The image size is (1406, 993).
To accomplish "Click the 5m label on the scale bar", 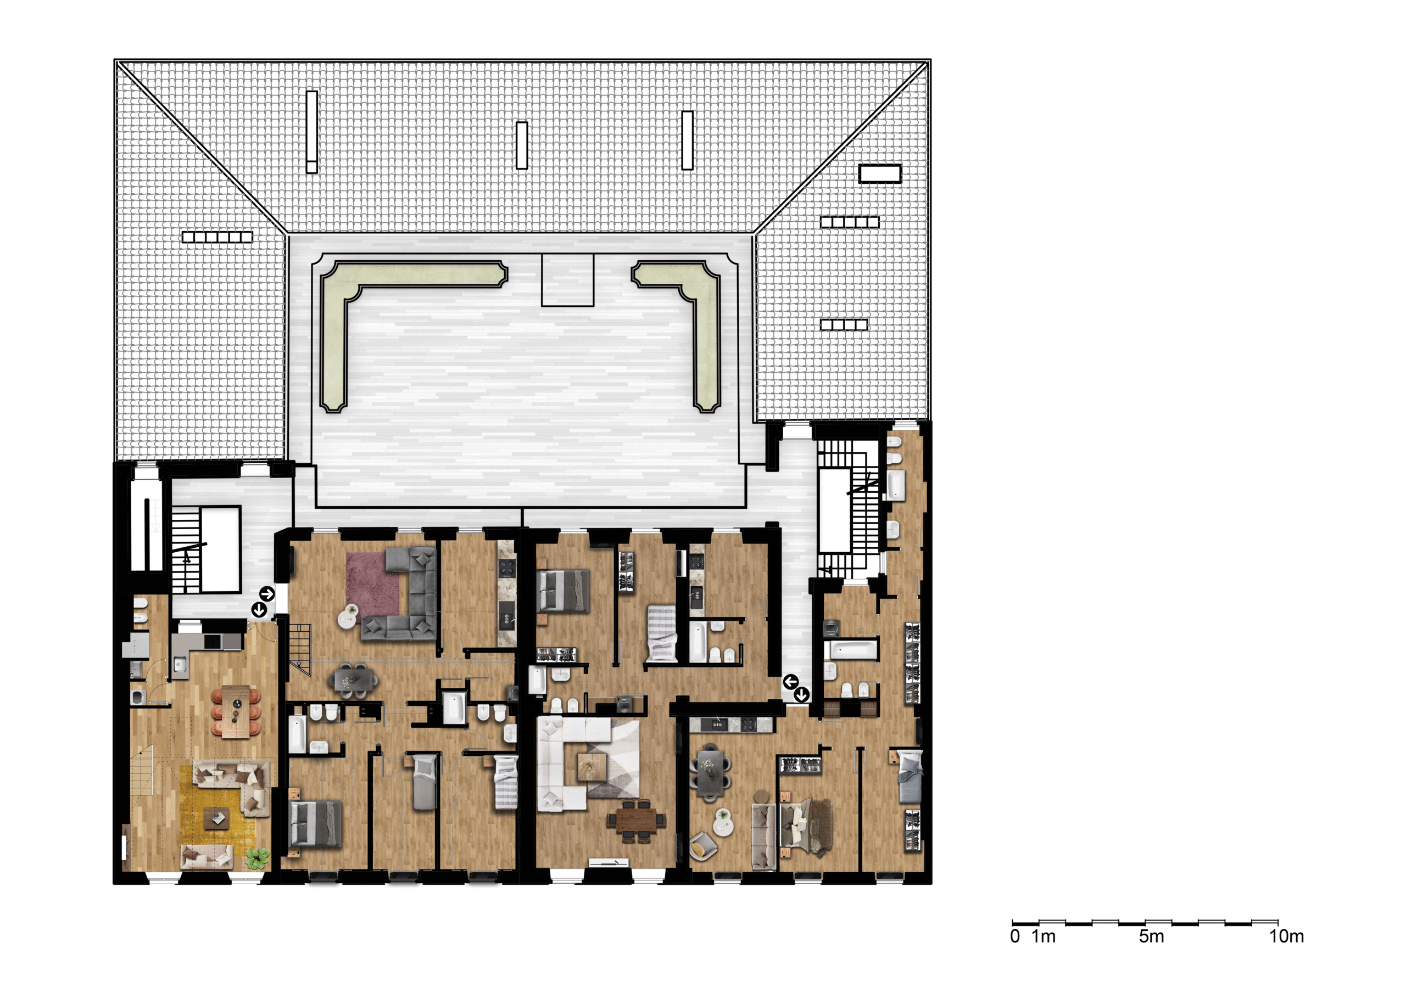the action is (1151, 936).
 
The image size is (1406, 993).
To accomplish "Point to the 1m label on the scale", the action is (1044, 936).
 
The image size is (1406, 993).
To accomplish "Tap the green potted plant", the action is (258, 859).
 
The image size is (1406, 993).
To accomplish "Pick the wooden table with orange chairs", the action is (236, 712).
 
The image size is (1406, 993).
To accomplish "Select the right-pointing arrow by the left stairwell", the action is (267, 594).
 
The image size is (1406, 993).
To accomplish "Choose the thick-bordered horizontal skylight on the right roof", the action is (880, 174).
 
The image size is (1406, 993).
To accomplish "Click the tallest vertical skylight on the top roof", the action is (312, 132).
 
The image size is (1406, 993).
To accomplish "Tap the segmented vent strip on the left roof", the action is (217, 237).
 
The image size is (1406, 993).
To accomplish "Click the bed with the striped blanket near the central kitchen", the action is (661, 633).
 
